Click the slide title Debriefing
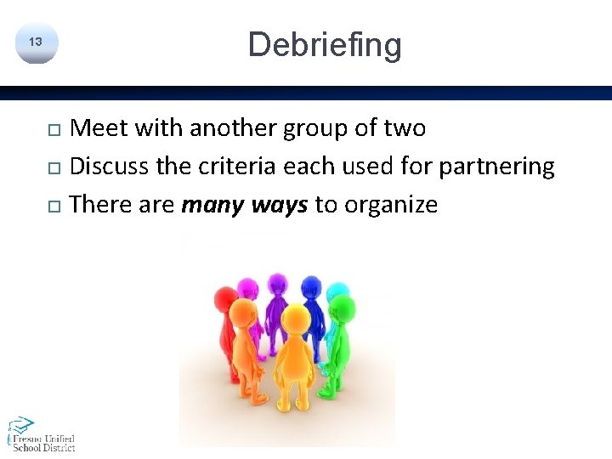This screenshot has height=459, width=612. pos(325,44)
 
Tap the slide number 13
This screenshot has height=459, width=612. pos(36,42)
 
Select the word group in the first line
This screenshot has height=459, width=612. pos(297,128)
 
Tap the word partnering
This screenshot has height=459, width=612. pos(496,167)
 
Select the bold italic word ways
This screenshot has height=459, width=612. pos(279,205)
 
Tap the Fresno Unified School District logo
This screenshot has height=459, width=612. pos(41,433)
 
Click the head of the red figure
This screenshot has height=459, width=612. pos(226,297)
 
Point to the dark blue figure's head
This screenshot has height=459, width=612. pos(312,285)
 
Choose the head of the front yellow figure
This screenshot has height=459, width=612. pos(295,320)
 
